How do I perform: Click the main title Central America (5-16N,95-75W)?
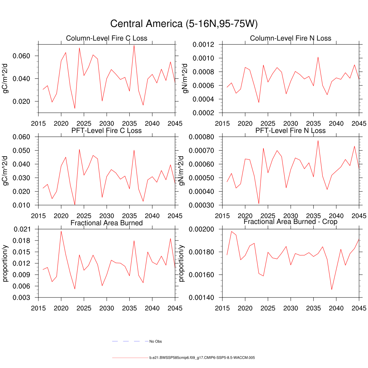(184, 24)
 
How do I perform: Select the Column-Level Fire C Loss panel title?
(106, 38)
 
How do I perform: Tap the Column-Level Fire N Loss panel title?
(290, 38)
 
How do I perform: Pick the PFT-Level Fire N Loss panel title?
(290, 130)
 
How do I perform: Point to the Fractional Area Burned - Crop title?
(290, 222)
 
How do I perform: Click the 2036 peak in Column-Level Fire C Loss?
(134, 45)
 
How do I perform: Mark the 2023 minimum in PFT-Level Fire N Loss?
(259, 204)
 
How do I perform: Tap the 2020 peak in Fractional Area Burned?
(61, 231)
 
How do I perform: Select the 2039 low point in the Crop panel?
(332, 289)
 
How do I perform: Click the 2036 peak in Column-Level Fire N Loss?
(318, 57)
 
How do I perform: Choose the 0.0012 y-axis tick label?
(203, 45)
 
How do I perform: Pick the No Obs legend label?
(158, 341)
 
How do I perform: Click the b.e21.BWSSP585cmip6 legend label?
(202, 358)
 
